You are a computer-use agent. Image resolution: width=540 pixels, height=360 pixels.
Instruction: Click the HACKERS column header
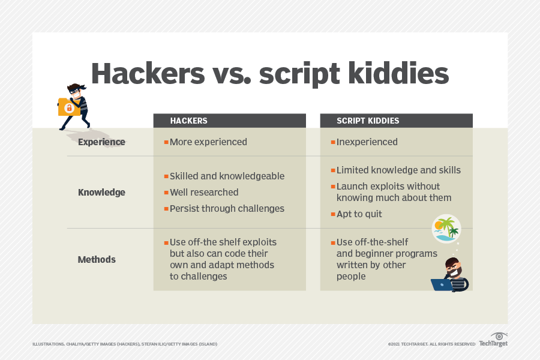coord(188,121)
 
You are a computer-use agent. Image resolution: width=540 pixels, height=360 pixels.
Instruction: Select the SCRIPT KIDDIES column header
coord(368,121)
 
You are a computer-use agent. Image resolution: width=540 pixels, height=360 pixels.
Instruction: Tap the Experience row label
coord(101,142)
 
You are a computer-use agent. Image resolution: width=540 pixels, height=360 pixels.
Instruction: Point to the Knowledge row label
coord(101,192)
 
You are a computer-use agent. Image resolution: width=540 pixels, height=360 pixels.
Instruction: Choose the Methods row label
coord(97,259)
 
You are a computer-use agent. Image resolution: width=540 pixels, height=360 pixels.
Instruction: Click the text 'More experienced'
coord(208,142)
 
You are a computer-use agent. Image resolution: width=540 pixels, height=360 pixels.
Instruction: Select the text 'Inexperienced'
coord(367,142)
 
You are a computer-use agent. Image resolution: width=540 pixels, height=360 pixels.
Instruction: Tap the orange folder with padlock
coord(68,107)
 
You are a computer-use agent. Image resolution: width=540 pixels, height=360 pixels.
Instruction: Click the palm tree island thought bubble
coord(446,229)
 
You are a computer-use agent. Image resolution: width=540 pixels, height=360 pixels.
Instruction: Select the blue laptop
coord(442,284)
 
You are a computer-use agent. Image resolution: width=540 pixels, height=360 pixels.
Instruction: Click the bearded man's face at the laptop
coord(453,268)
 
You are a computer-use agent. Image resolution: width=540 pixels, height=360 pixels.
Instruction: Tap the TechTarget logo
coord(494,340)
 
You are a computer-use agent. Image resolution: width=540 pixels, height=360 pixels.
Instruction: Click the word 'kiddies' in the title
coord(398,73)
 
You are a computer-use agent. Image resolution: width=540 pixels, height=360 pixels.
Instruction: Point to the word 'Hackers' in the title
coord(148,73)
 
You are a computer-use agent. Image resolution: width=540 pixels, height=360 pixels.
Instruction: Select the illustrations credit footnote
coord(125,344)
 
